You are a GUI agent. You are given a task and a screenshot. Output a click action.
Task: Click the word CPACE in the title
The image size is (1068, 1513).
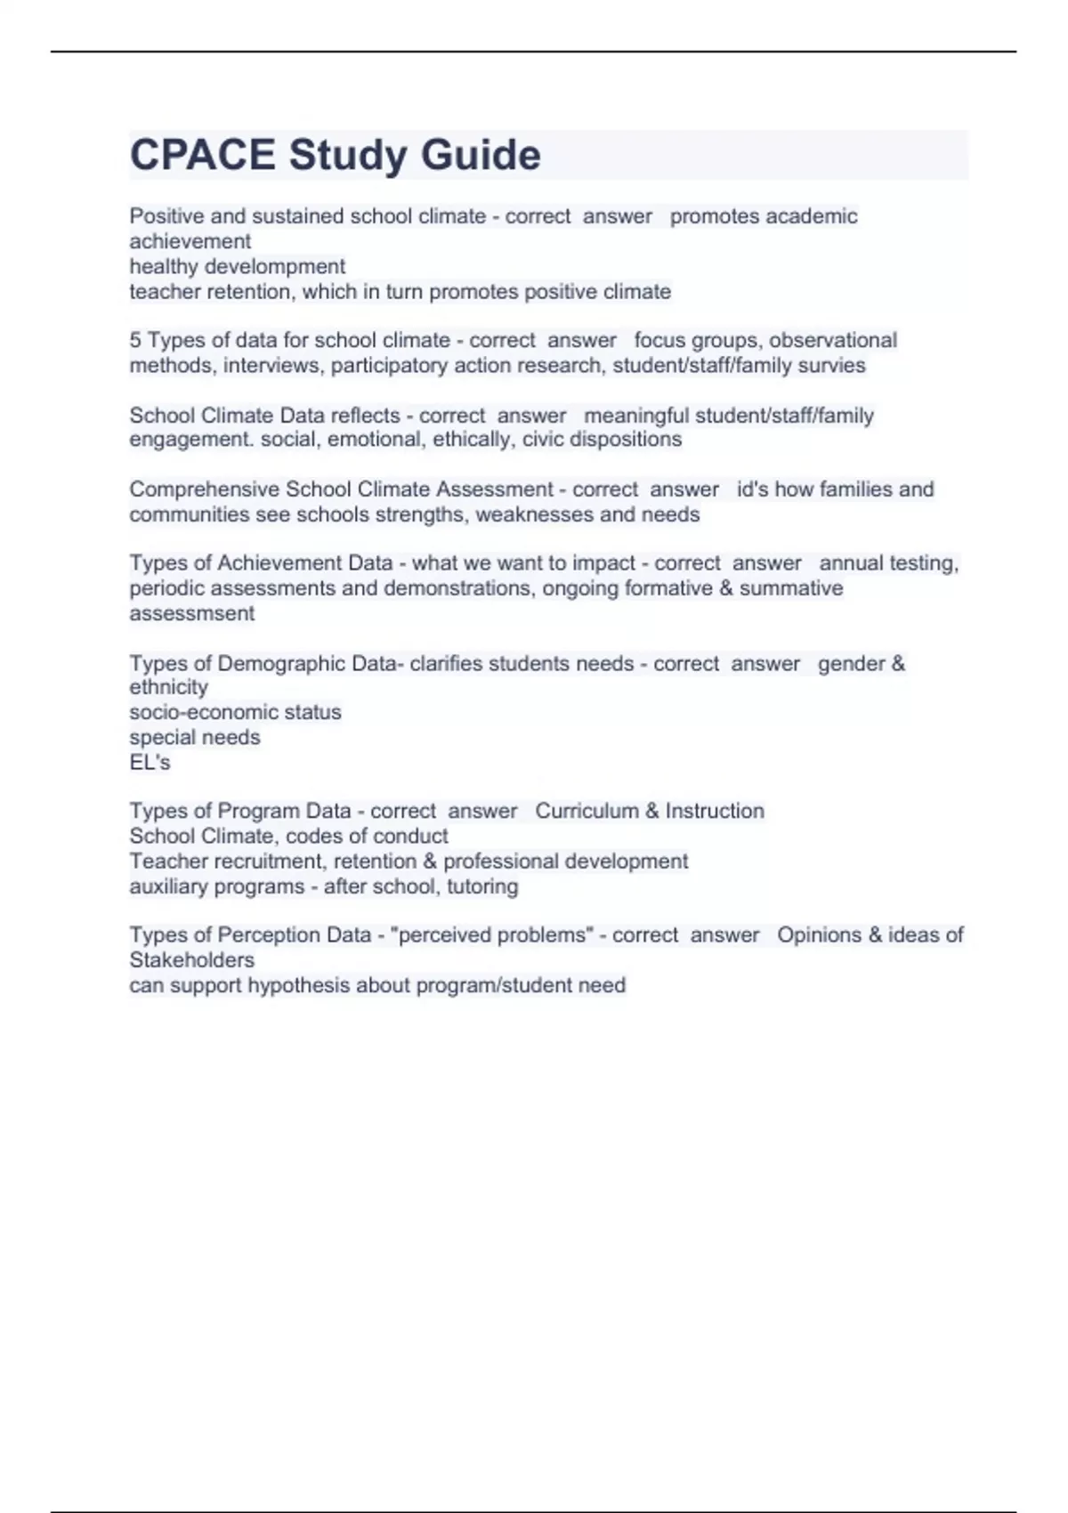click(x=203, y=155)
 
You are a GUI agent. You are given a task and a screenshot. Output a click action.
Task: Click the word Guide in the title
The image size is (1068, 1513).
click(x=481, y=155)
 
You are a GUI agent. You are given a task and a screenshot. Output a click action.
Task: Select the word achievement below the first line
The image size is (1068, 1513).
click(x=190, y=241)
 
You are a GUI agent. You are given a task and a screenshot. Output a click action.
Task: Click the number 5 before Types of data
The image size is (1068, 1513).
click(x=135, y=340)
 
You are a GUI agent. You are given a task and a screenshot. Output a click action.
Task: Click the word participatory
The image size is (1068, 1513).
click(x=390, y=366)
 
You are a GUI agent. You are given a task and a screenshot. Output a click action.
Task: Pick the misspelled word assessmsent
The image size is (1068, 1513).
click(x=192, y=613)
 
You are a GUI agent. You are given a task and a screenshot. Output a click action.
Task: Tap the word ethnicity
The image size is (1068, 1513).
click(x=169, y=687)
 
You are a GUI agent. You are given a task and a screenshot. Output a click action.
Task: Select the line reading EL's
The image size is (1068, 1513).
click(x=150, y=762)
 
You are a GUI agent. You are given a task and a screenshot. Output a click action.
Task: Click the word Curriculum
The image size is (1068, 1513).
click(x=587, y=811)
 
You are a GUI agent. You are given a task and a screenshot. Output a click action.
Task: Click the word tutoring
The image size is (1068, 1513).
click(x=482, y=886)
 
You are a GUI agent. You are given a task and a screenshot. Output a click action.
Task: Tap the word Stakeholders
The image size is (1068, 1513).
click(x=192, y=960)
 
